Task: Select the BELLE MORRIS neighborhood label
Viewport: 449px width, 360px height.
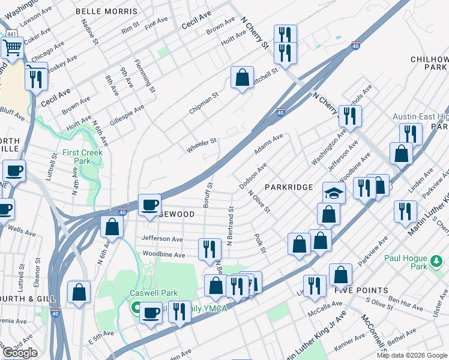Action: point(114,11)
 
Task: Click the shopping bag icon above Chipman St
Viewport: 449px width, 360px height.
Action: point(241,77)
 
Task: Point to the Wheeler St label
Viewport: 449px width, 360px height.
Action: point(201,145)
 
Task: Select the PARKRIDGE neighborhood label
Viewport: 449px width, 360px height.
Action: point(288,187)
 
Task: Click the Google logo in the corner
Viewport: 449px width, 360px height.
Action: point(20,353)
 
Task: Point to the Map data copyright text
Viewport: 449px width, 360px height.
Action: point(412,355)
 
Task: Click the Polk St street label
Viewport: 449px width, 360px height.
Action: point(259,243)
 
